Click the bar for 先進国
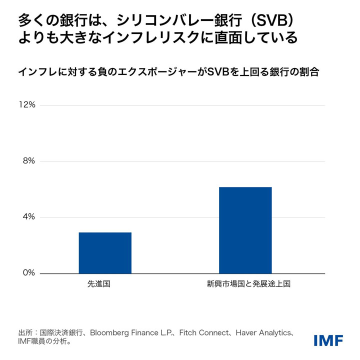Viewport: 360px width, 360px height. (105, 253)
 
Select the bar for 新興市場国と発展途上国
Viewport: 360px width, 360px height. (245, 230)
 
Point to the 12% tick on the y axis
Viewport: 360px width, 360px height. (27, 105)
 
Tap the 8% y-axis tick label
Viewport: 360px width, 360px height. (28, 161)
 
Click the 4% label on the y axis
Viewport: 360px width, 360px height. (28, 217)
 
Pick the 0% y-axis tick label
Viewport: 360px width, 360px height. (28, 273)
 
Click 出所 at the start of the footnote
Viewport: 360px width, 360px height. (25, 332)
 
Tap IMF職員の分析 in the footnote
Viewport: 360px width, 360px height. (41, 342)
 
